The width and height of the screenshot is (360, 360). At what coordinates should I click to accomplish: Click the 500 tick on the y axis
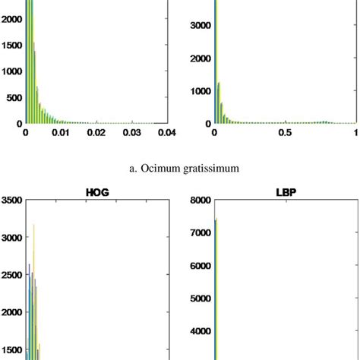coord(12,97)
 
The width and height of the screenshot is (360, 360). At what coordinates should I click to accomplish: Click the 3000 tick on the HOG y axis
coord(11,237)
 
